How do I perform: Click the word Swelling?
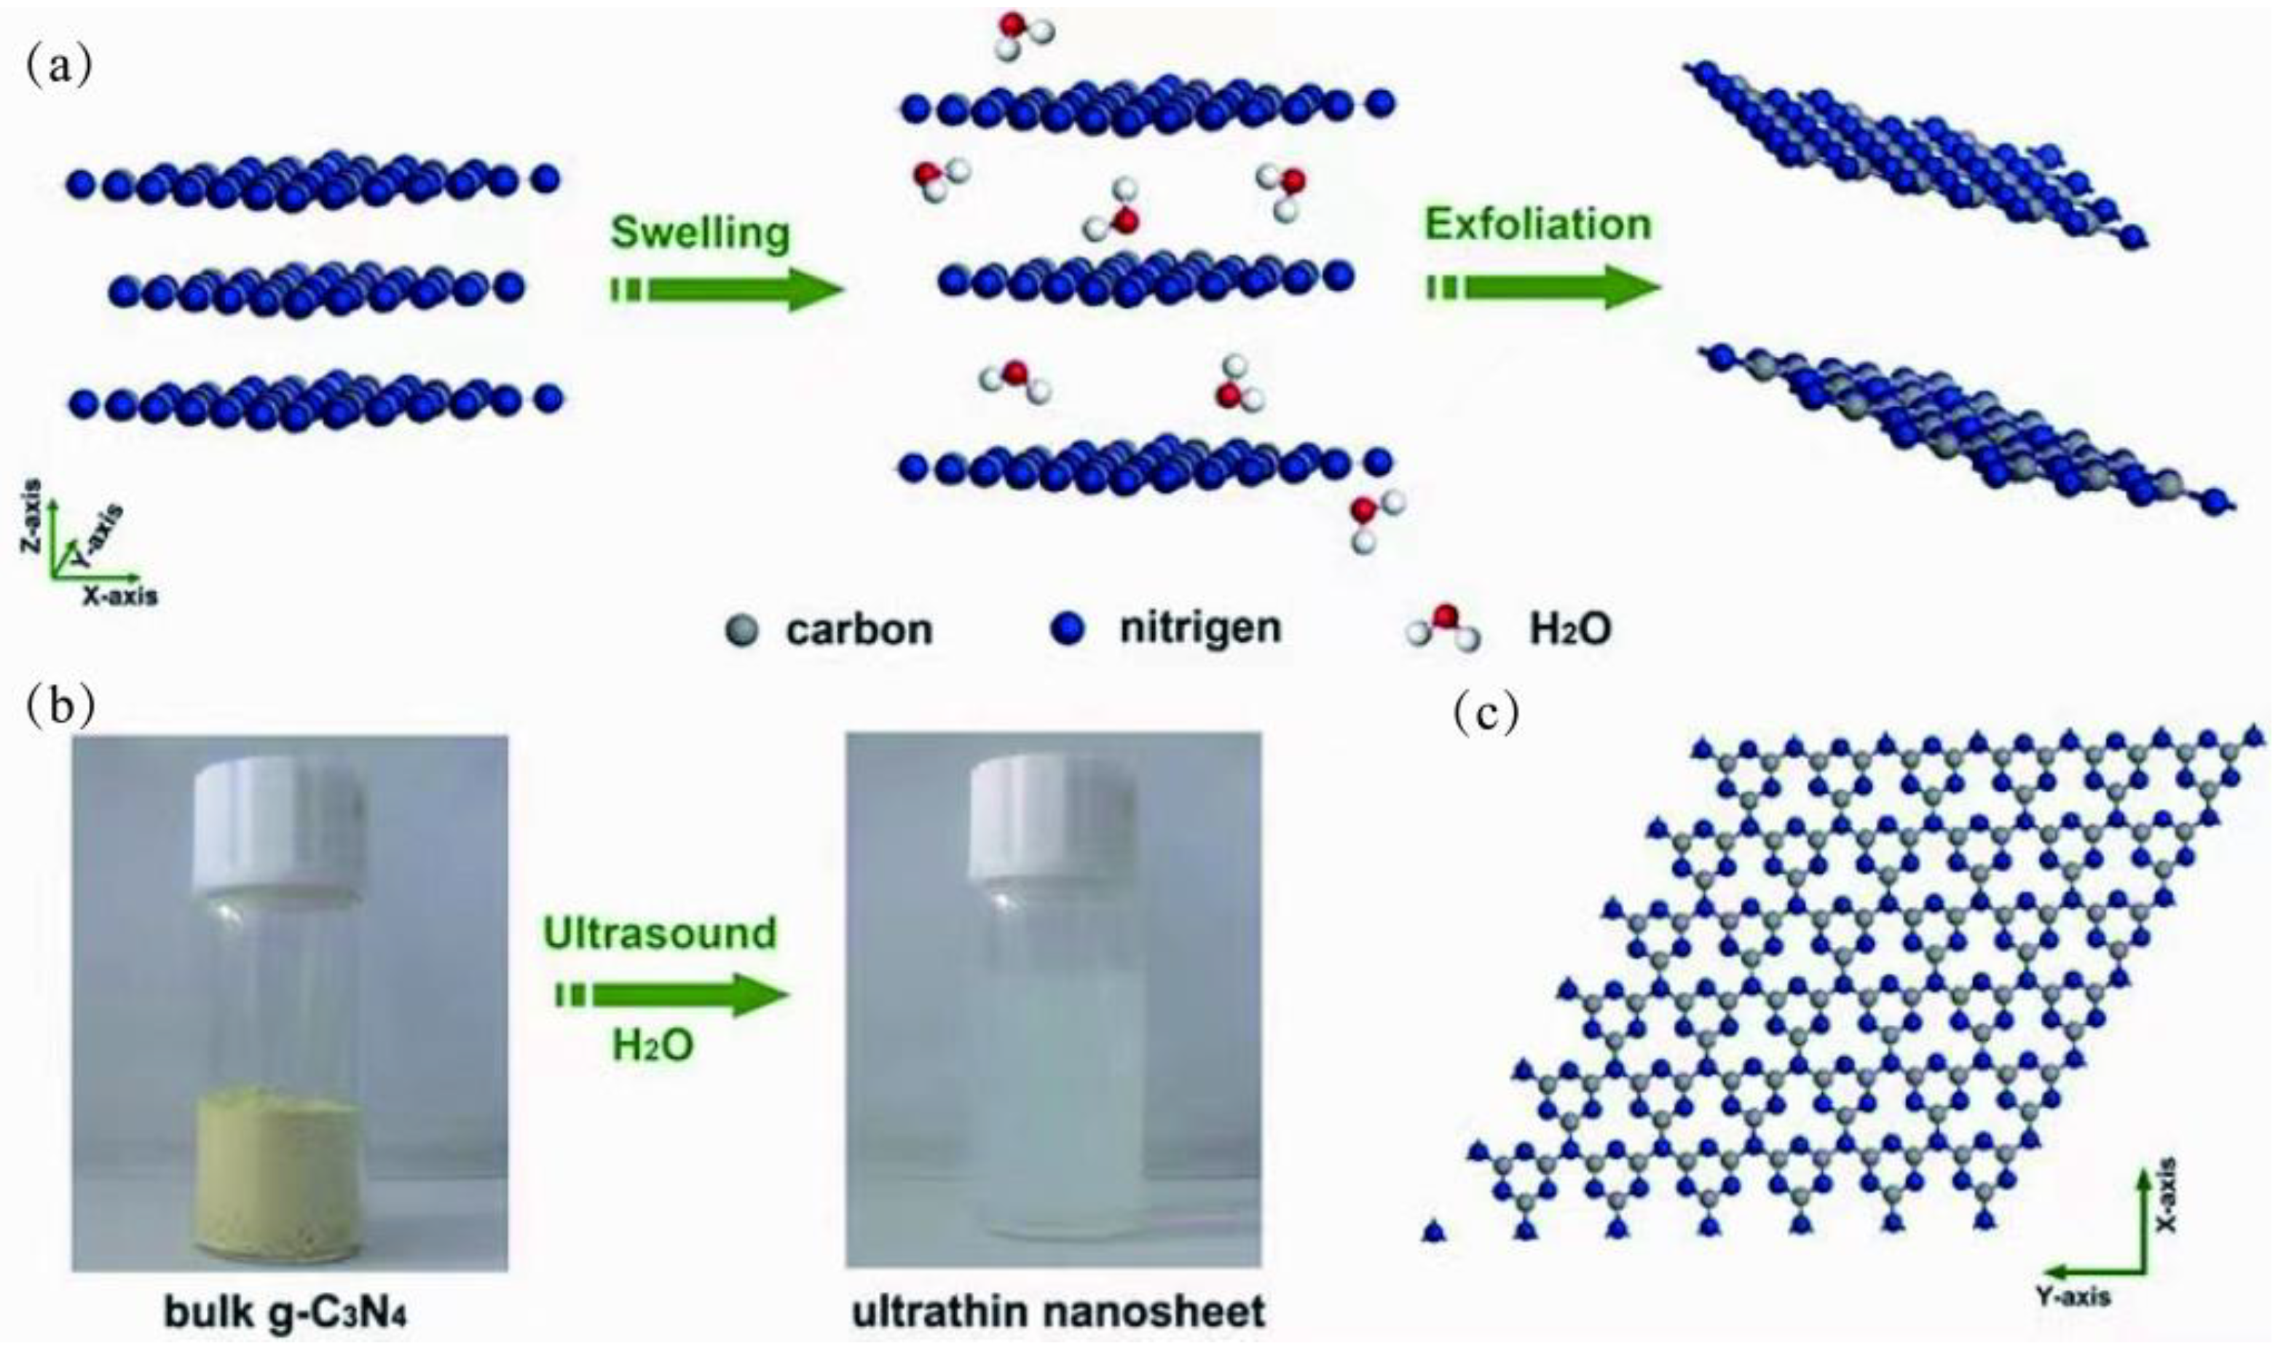click(x=700, y=232)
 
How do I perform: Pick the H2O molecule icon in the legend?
click(x=1443, y=629)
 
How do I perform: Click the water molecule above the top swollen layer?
click(x=1024, y=34)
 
